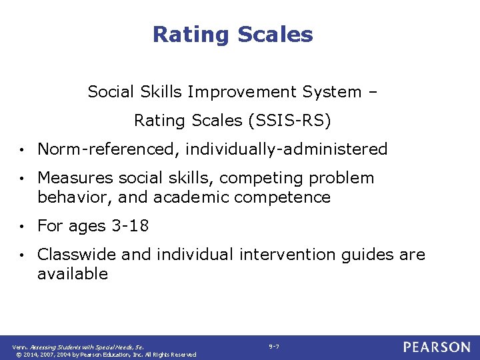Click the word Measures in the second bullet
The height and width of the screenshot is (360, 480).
pos(75,178)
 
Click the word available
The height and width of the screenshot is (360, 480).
pos(73,274)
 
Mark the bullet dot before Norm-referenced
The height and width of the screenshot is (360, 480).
pos(23,150)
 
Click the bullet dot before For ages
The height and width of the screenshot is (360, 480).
pos(23,227)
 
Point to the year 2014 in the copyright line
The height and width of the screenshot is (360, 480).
pos(31,355)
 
